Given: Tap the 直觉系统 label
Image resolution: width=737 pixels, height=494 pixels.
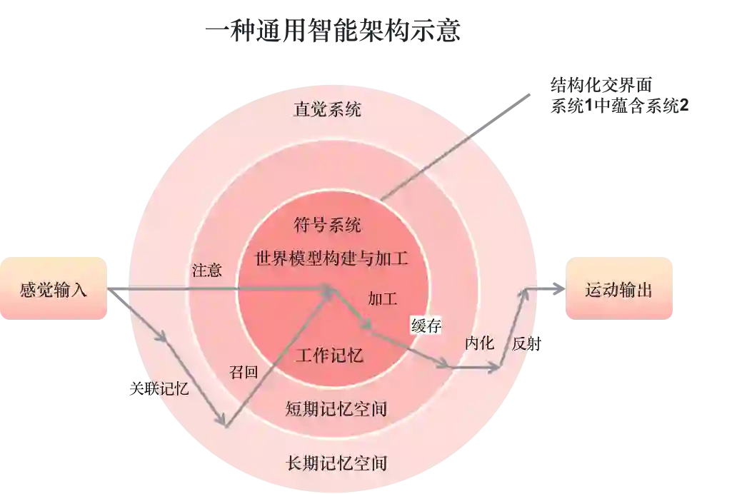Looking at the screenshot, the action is click(x=327, y=109).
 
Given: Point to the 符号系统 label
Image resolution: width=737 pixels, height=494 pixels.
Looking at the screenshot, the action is click(x=327, y=226).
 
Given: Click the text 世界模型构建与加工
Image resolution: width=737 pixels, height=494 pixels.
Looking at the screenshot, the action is click(x=331, y=258).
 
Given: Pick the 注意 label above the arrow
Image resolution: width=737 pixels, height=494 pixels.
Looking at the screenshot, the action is click(x=206, y=271).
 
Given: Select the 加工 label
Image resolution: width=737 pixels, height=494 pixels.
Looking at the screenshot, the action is click(x=383, y=298).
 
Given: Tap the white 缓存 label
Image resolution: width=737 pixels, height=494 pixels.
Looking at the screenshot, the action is click(x=426, y=326).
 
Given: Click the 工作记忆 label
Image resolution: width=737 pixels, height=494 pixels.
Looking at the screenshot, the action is click(x=329, y=355).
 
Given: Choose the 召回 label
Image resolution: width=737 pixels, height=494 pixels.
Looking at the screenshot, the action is click(x=243, y=372).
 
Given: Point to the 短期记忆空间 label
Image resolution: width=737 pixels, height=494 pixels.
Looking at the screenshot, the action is click(x=336, y=408).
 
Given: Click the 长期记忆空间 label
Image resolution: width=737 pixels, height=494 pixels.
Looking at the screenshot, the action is click(x=336, y=463).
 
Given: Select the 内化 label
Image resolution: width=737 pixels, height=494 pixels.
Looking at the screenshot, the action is click(x=479, y=343).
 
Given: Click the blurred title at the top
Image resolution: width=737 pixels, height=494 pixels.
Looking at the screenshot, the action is click(x=331, y=32).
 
